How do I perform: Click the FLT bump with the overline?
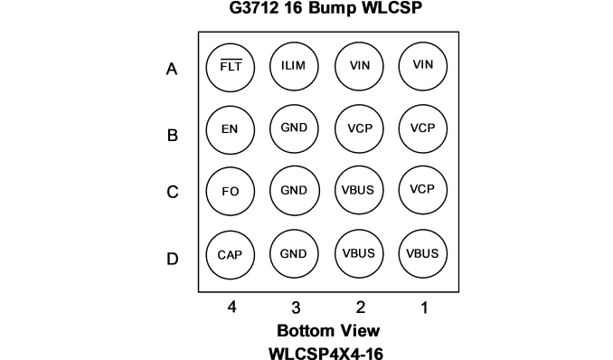tap(231, 68)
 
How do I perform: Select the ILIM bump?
tap(294, 66)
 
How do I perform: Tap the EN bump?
tap(231, 130)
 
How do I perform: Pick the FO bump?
tap(231, 192)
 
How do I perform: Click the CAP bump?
tap(231, 255)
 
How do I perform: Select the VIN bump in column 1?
tap(423, 66)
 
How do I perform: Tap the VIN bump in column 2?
tap(359, 66)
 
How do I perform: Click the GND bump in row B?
tap(294, 128)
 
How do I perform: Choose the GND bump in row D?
tap(294, 254)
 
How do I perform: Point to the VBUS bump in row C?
tap(359, 190)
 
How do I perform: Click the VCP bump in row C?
tap(423, 190)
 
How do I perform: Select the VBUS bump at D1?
tap(423, 253)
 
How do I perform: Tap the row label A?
tap(172, 69)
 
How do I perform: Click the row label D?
tap(173, 259)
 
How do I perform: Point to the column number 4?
tap(231, 308)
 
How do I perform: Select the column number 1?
tap(424, 308)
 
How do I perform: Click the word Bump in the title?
tap(333, 8)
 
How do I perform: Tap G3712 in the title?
tap(254, 8)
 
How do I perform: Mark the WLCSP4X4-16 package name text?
tap(326, 354)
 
